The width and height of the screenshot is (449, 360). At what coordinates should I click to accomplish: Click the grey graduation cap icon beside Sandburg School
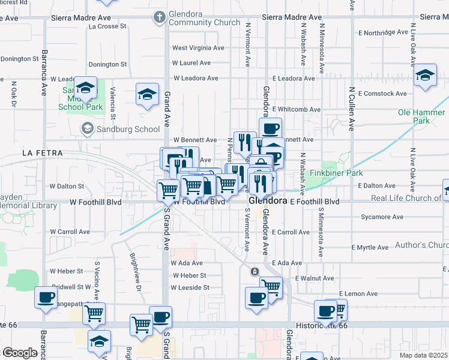[x=87, y=128]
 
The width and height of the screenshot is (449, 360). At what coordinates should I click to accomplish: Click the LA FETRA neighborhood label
[x=42, y=153]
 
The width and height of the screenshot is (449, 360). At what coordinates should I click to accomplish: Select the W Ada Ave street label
[x=187, y=263]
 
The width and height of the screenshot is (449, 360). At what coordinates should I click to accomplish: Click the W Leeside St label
[x=190, y=287]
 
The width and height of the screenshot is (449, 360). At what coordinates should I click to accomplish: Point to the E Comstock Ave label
[x=382, y=94]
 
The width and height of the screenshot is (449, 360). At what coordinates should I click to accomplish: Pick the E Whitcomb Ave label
[x=297, y=109]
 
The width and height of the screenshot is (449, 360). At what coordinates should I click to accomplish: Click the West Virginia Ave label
[x=198, y=47]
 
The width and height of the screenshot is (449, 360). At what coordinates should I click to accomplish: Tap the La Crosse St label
[x=107, y=26]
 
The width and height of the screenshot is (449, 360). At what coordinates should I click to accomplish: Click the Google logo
[x=19, y=353]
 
